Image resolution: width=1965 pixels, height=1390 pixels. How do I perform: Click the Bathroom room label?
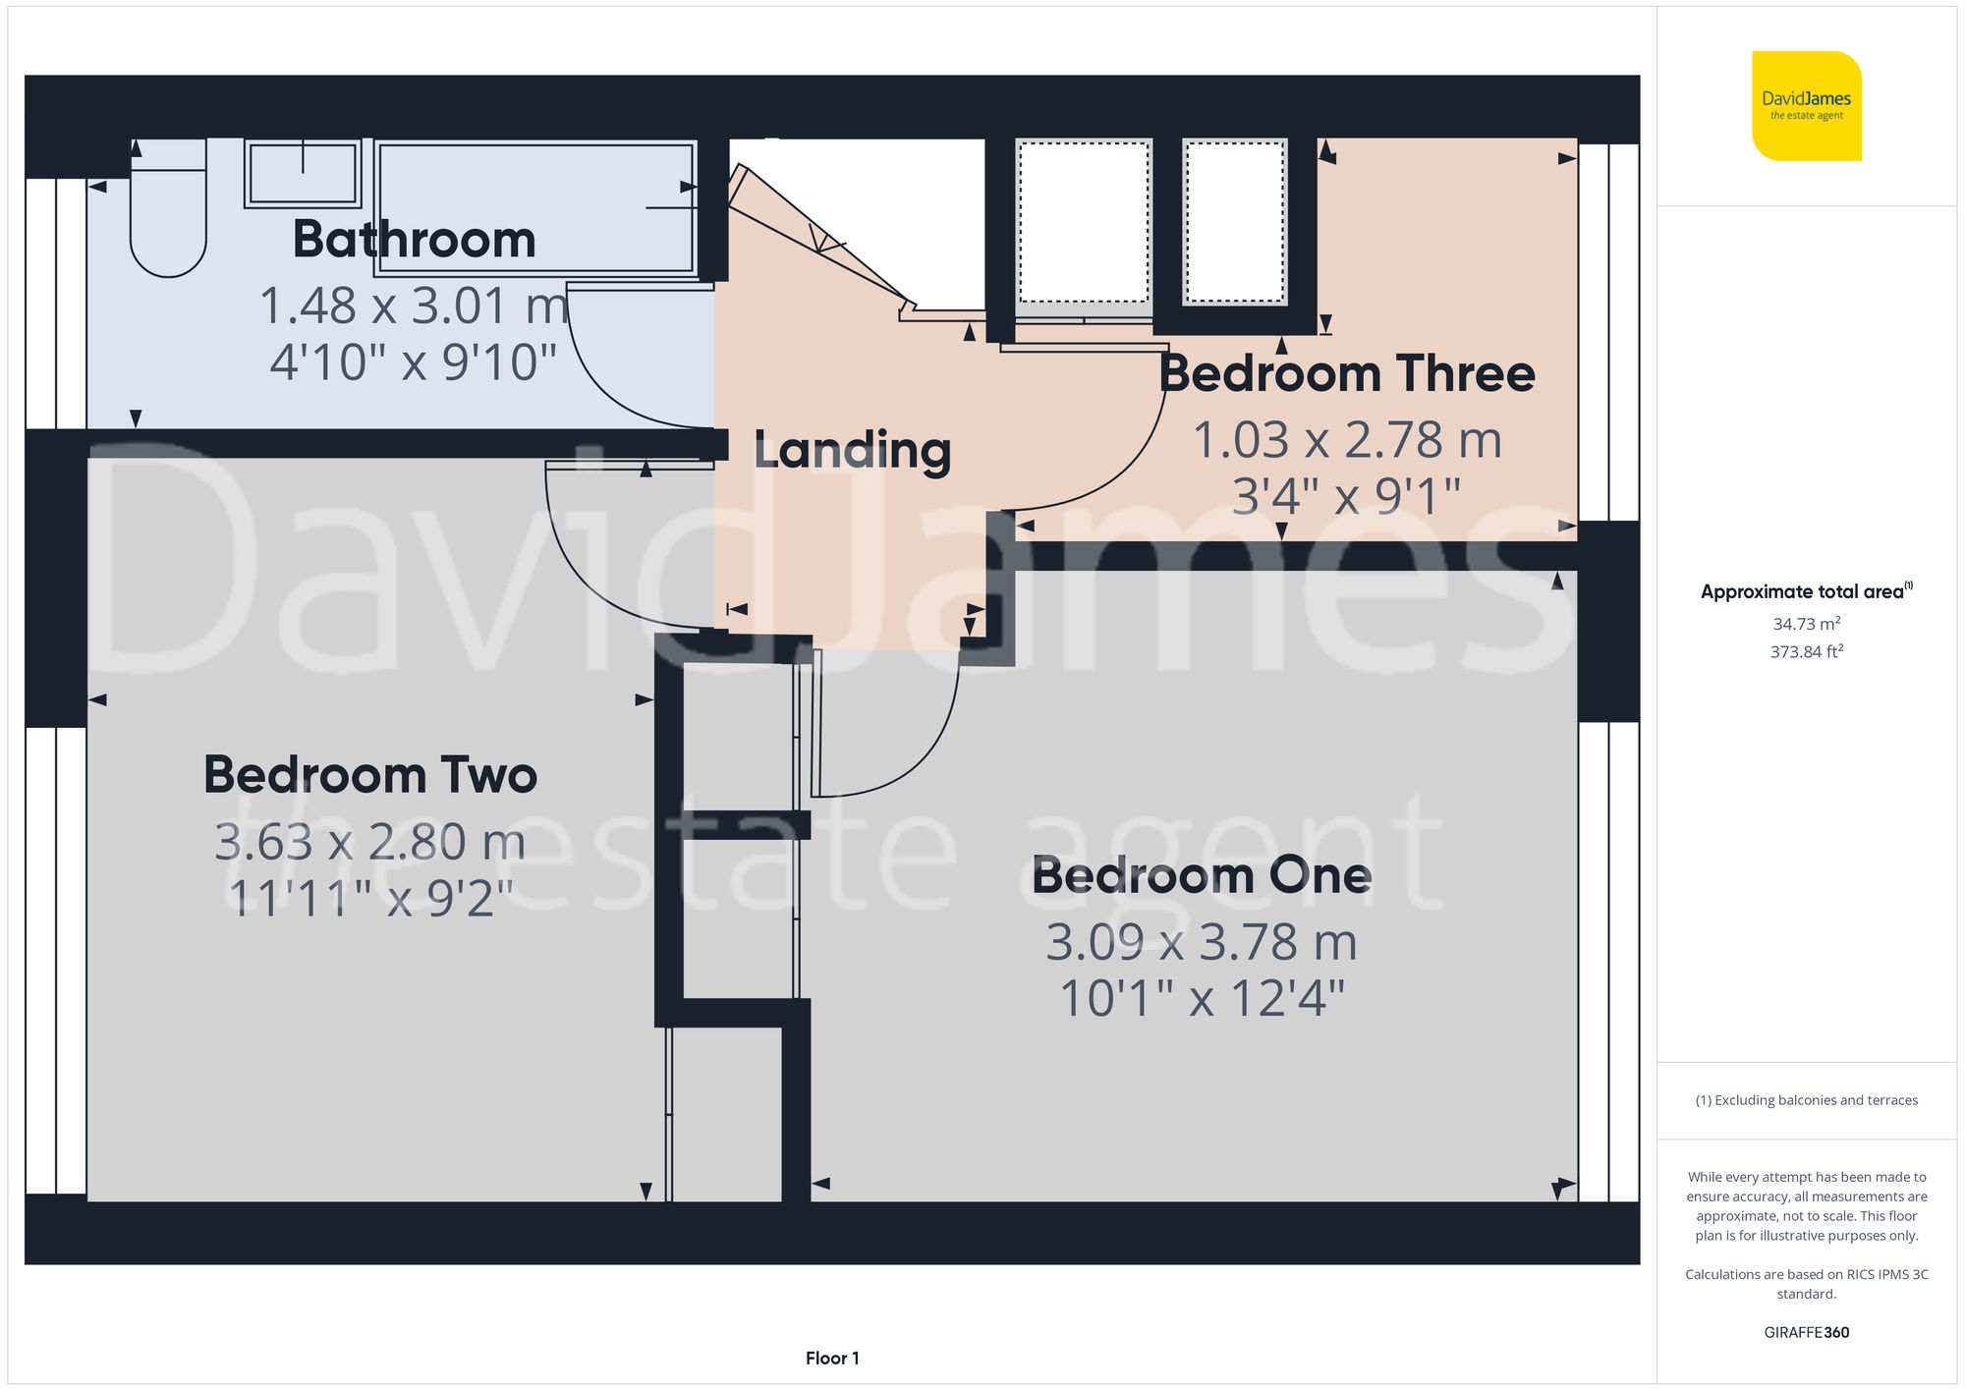(414, 240)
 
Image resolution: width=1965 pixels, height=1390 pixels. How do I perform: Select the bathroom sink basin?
(303, 174)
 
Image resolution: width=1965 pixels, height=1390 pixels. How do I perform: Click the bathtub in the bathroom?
(536, 206)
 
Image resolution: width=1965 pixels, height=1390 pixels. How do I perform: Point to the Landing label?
(852, 451)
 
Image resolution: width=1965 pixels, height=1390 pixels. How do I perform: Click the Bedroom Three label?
(1347, 373)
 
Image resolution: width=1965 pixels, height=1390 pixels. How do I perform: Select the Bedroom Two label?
(370, 775)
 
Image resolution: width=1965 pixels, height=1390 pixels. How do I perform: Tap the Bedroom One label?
(1202, 875)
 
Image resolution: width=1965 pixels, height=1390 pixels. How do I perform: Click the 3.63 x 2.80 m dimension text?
(370, 842)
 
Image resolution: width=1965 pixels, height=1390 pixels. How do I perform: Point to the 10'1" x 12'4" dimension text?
(1202, 999)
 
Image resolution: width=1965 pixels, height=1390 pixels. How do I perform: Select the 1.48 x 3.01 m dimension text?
(414, 306)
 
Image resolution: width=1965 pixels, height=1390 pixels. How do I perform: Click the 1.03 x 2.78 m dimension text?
(1347, 439)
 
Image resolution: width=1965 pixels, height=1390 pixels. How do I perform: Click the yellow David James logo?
(1807, 106)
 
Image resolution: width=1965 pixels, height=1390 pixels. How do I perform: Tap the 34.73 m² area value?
(1807, 624)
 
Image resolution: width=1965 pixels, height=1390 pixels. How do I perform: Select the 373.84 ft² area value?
(1807, 651)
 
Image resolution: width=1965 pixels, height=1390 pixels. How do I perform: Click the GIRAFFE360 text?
(1807, 1333)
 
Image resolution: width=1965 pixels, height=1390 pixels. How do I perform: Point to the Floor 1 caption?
(832, 1359)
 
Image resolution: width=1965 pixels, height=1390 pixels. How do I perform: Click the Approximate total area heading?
(1807, 591)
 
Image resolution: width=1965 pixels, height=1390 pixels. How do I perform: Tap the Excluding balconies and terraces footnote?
(1807, 1100)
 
